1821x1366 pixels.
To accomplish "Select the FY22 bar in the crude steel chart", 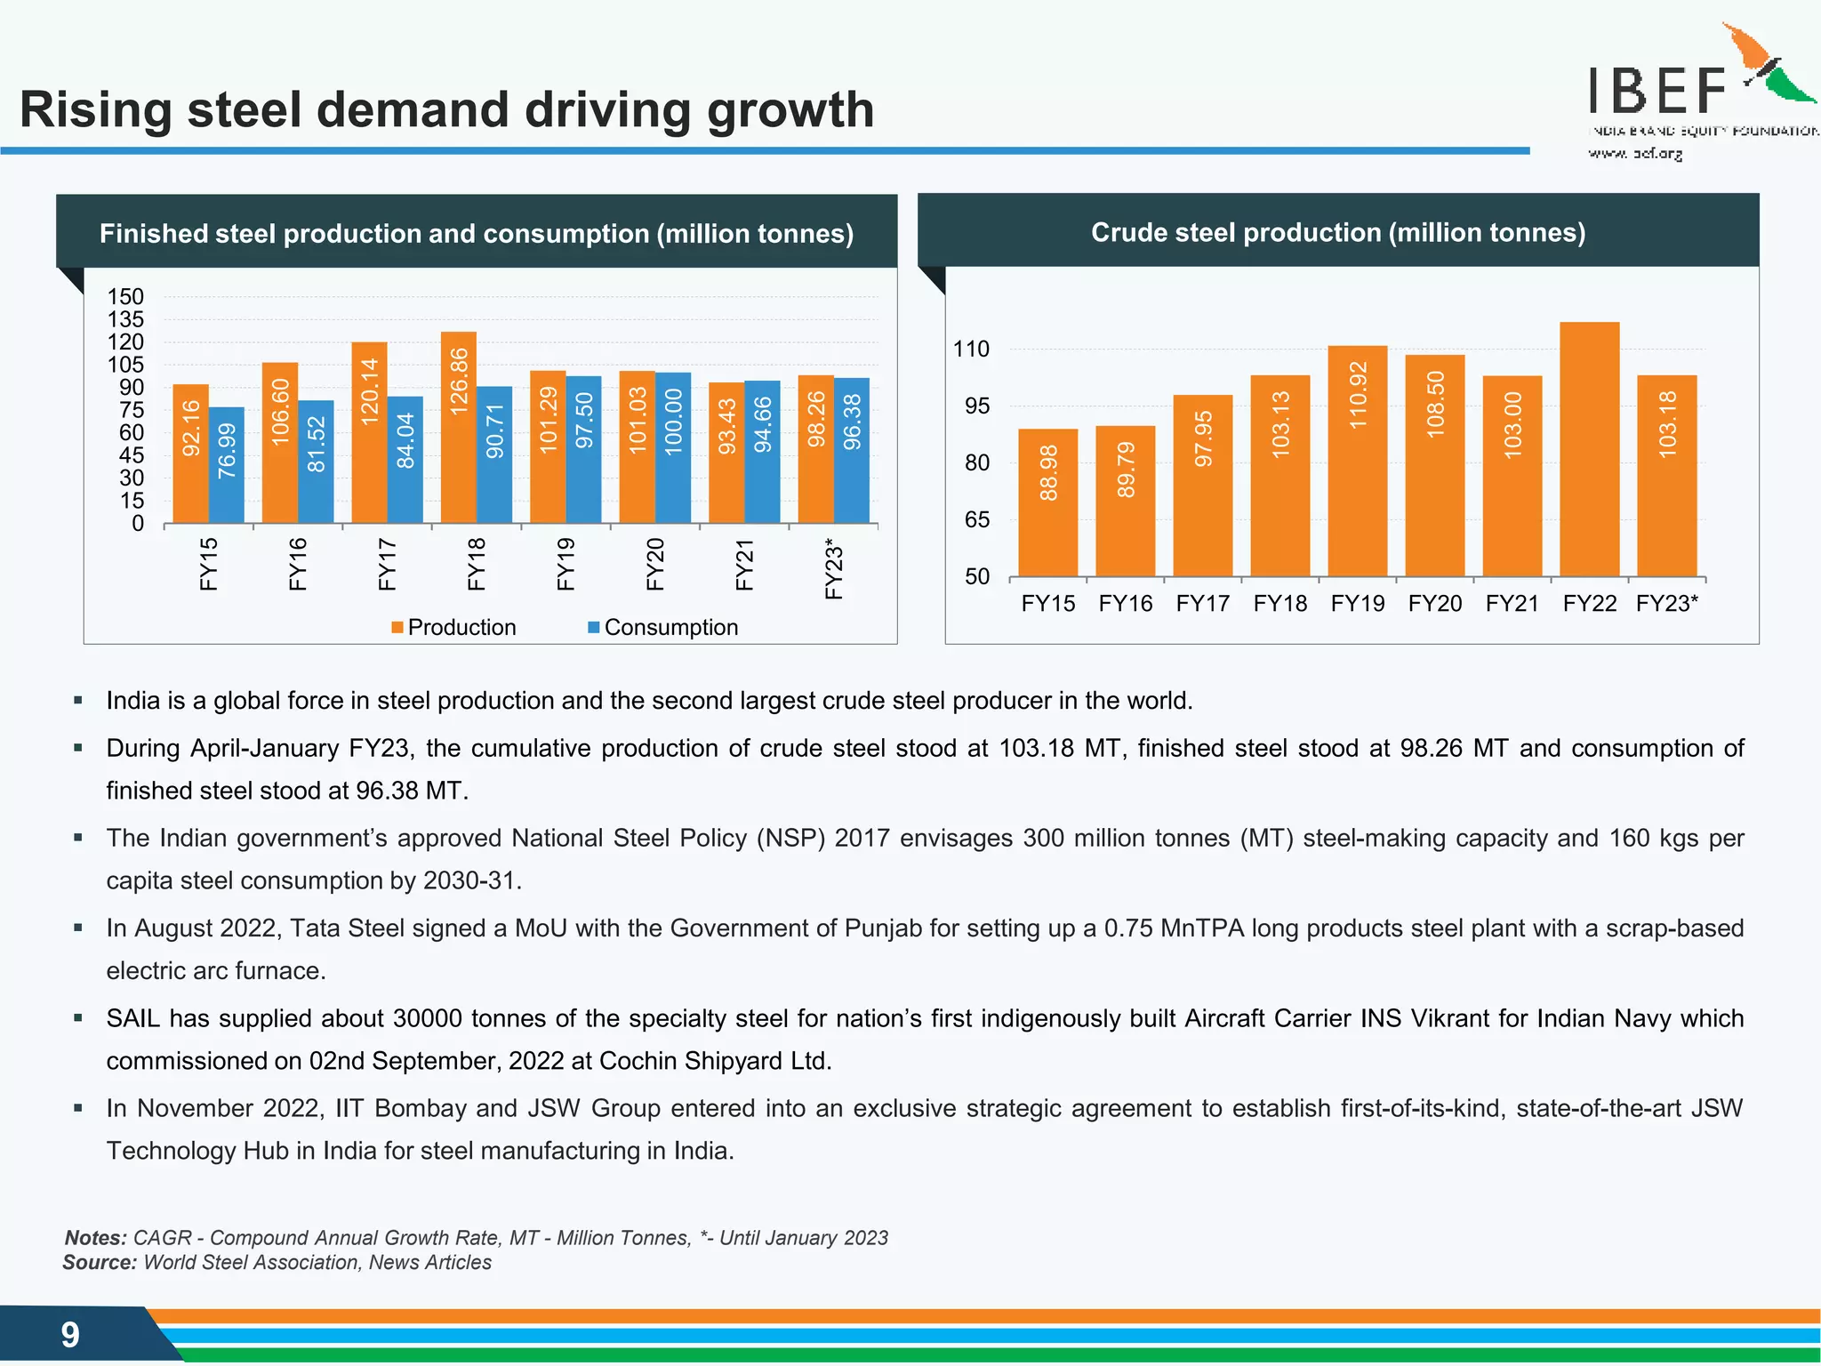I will click(x=1589, y=449).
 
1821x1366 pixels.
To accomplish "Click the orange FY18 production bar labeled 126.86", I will click(x=459, y=427).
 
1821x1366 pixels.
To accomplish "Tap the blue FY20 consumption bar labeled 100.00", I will click(x=673, y=447).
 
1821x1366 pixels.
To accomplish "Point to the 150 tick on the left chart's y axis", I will click(x=125, y=297).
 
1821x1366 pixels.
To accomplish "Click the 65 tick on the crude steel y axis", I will click(x=976, y=520).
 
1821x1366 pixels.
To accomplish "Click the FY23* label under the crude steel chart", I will click(x=1666, y=604).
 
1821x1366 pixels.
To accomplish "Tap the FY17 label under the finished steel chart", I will click(x=387, y=564).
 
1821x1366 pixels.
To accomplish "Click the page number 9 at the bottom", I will click(x=70, y=1335).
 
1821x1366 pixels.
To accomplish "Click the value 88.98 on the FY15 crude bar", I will click(x=1048, y=473).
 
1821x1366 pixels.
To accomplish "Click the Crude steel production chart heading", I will click(x=1337, y=233).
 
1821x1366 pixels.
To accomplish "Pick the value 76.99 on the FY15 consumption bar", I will click(x=227, y=451).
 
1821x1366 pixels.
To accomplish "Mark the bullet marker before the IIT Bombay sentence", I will click(x=78, y=1108).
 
